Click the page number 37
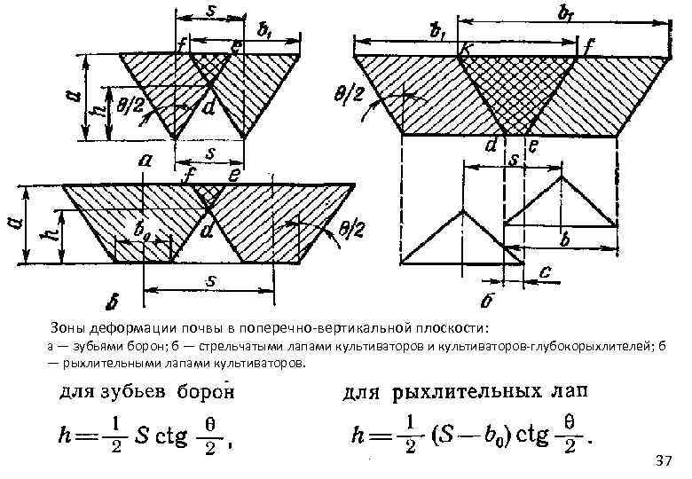point(663,461)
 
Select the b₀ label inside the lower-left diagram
point(141,230)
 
